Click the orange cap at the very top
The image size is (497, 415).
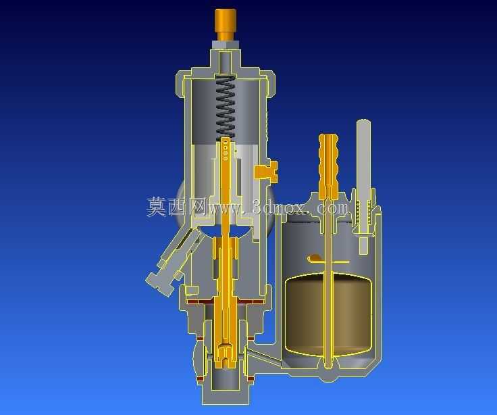click(226, 24)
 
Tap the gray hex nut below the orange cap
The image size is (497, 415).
click(226, 45)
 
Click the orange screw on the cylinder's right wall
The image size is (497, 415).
click(266, 172)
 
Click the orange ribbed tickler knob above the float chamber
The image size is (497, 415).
click(328, 166)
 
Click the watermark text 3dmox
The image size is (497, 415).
click(280, 208)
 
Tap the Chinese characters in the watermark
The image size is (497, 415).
click(176, 206)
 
